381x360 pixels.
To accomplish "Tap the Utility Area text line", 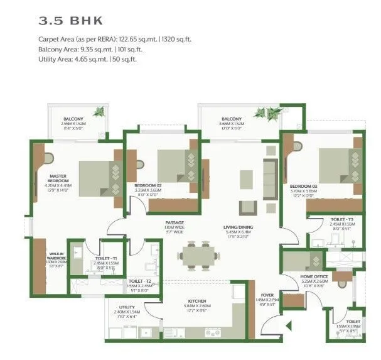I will coord(87,59).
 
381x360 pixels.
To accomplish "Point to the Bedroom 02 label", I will coord(148,186).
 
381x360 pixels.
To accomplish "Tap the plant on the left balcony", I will coord(98,112).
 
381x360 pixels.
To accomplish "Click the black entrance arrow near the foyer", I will coord(289,325).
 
